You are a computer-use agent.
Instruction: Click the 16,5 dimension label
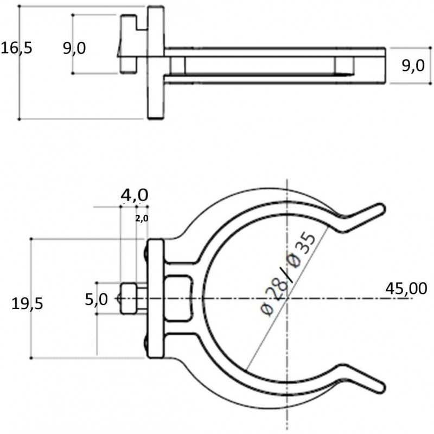[17, 48]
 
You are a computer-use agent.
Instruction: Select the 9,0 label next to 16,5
[74, 48]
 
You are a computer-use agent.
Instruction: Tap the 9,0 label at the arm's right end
[413, 66]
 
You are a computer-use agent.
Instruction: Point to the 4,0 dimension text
[135, 195]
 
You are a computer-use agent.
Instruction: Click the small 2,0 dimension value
[142, 219]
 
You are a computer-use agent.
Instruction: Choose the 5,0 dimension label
[97, 299]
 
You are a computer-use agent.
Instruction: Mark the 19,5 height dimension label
[27, 304]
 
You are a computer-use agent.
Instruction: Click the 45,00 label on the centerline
[406, 289]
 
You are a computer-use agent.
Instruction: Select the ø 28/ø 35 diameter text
[288, 273]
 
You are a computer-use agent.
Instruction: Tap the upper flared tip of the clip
[381, 208]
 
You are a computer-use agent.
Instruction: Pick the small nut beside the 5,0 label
[129, 298]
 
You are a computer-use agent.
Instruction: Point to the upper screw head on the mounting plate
[146, 253]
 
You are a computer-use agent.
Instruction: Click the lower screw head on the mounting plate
[146, 343]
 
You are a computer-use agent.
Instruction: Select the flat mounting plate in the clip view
[156, 299]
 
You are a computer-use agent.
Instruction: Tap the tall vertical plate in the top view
[156, 62]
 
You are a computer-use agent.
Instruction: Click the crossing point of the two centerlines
[288, 298]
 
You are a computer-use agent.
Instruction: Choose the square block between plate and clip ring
[178, 298]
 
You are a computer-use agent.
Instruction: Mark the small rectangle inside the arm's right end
[344, 65]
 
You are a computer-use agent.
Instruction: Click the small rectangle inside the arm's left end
[178, 65]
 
